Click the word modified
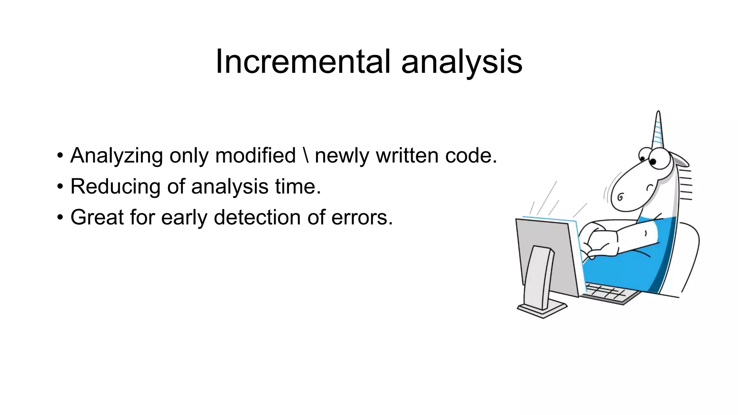255,156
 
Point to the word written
408,156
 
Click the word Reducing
115,187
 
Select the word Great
97,218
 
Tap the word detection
257,218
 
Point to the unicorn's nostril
620,197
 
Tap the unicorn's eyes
649,159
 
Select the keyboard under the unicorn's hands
609,294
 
